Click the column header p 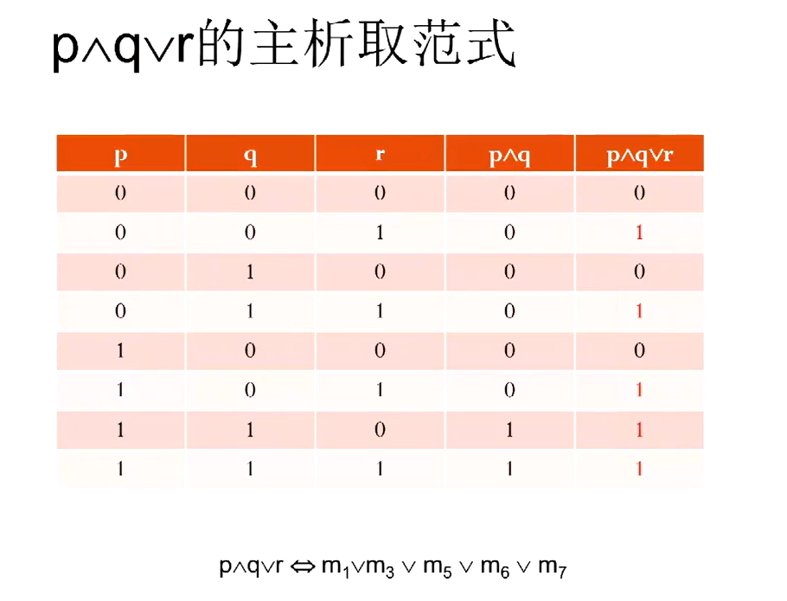(x=120, y=156)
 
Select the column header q (x=250, y=156)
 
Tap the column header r (x=380, y=154)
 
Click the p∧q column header (x=509, y=156)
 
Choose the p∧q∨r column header (x=639, y=156)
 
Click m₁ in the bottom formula (x=336, y=567)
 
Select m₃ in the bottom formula (x=381, y=567)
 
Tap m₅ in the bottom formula (x=438, y=567)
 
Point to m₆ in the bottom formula (x=495, y=567)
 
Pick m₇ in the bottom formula (x=552, y=567)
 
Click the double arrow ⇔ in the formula (x=303, y=567)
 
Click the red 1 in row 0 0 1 (x=639, y=233)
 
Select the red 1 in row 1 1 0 (x=639, y=430)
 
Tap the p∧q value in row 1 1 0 (x=509, y=430)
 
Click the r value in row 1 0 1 (x=380, y=390)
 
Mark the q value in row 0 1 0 (x=250, y=272)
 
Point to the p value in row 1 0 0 (x=120, y=350)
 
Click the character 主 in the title (x=276, y=43)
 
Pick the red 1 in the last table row (x=639, y=469)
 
